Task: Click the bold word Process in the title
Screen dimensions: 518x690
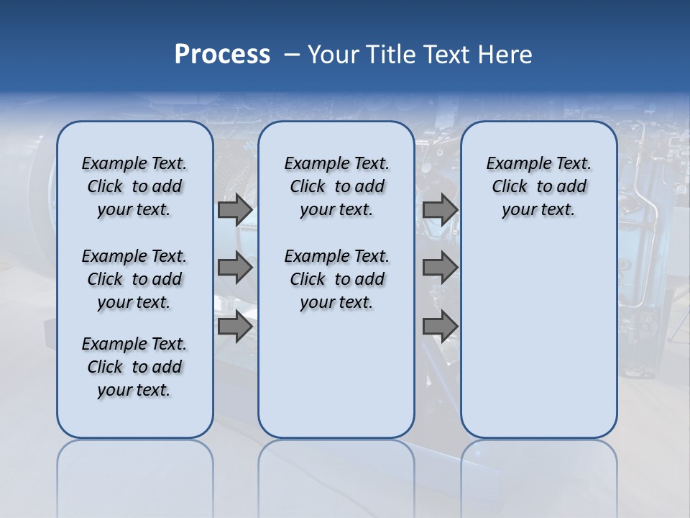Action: coord(222,55)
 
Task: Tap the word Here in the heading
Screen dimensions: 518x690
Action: coord(506,55)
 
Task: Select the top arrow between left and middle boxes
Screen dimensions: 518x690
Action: coord(235,210)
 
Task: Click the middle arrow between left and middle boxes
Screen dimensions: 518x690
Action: coord(235,268)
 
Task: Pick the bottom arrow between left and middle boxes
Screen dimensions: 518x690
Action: coord(235,327)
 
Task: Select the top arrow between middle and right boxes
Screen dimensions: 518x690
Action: coord(440,210)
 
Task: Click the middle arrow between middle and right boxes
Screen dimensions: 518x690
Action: coord(440,268)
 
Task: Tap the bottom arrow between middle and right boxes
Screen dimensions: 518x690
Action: coord(440,327)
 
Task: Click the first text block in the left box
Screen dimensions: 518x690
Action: coord(134,186)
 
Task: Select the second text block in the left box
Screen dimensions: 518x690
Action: coord(134,279)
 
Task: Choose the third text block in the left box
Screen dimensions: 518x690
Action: coord(134,367)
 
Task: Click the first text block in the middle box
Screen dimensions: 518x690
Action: coord(336,186)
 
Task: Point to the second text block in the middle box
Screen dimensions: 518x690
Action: coord(336,279)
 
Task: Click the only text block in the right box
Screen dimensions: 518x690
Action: coord(538,186)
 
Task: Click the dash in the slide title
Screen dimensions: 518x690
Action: coord(291,55)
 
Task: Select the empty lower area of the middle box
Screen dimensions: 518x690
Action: coord(336,374)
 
